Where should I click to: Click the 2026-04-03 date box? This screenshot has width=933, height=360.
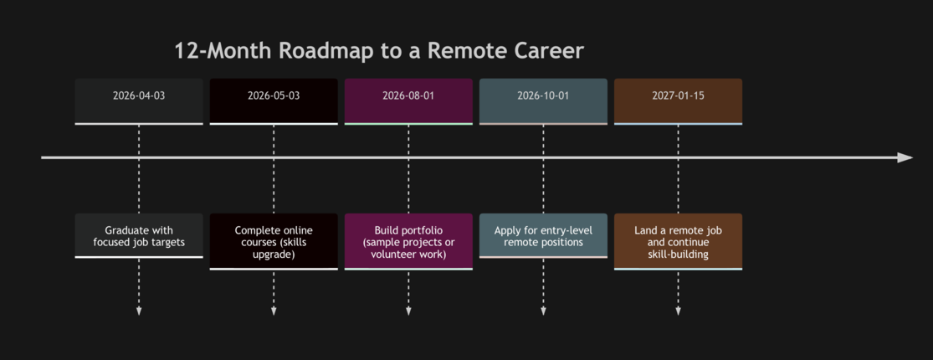139,101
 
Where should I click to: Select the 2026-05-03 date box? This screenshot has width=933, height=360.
274,101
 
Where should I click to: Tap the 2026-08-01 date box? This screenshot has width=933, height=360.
408,101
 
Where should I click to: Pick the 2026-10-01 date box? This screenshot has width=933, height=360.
543,101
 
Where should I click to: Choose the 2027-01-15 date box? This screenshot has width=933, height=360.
678,101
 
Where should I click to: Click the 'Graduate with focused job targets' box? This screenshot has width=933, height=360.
139,235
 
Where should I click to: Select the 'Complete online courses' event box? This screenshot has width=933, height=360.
274,242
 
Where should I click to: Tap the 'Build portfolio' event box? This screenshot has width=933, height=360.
408,242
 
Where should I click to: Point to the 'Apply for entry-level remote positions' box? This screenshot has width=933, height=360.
543,235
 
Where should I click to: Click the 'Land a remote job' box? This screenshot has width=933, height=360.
678,242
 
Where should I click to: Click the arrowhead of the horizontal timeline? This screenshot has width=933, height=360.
905,157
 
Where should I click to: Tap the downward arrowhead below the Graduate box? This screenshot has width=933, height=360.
139,311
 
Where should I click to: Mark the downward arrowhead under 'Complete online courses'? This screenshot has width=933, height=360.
274,311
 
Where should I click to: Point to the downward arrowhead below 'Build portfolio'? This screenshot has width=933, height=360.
408,311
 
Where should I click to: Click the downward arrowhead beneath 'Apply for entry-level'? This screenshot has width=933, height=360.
543,311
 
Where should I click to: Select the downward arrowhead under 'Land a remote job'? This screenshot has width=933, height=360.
678,311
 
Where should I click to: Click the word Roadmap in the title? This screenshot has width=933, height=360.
326,51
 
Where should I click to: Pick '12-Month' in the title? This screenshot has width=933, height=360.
223,50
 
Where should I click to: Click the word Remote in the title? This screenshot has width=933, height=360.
468,50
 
